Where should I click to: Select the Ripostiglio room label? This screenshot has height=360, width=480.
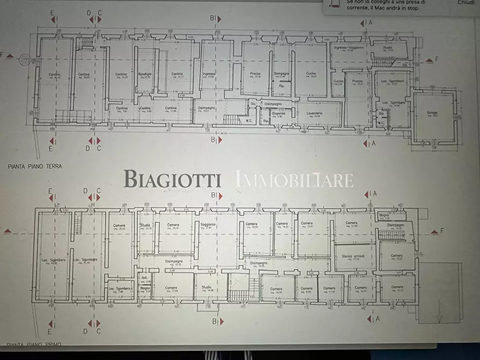click(145, 75)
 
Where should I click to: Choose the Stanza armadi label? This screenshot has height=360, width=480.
click(351, 256)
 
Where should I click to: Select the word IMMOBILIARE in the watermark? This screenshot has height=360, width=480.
click(295, 179)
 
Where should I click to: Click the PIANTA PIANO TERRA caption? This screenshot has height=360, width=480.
click(35, 167)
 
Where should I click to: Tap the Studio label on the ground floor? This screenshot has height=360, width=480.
click(388, 48)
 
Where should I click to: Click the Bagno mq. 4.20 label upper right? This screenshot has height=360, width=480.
click(384, 215)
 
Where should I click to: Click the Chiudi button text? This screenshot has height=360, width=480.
click(465, 3)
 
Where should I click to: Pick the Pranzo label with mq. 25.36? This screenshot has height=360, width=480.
click(255, 74)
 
